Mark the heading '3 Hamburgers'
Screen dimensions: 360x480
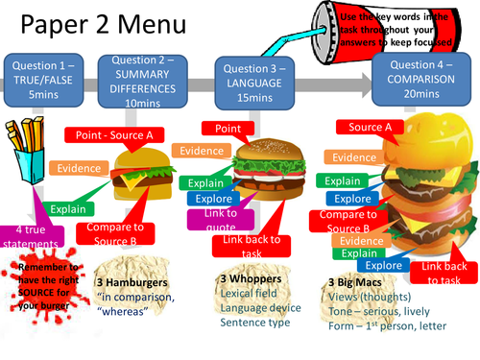coord(128,283)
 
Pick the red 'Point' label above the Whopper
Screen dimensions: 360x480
coord(228,129)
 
